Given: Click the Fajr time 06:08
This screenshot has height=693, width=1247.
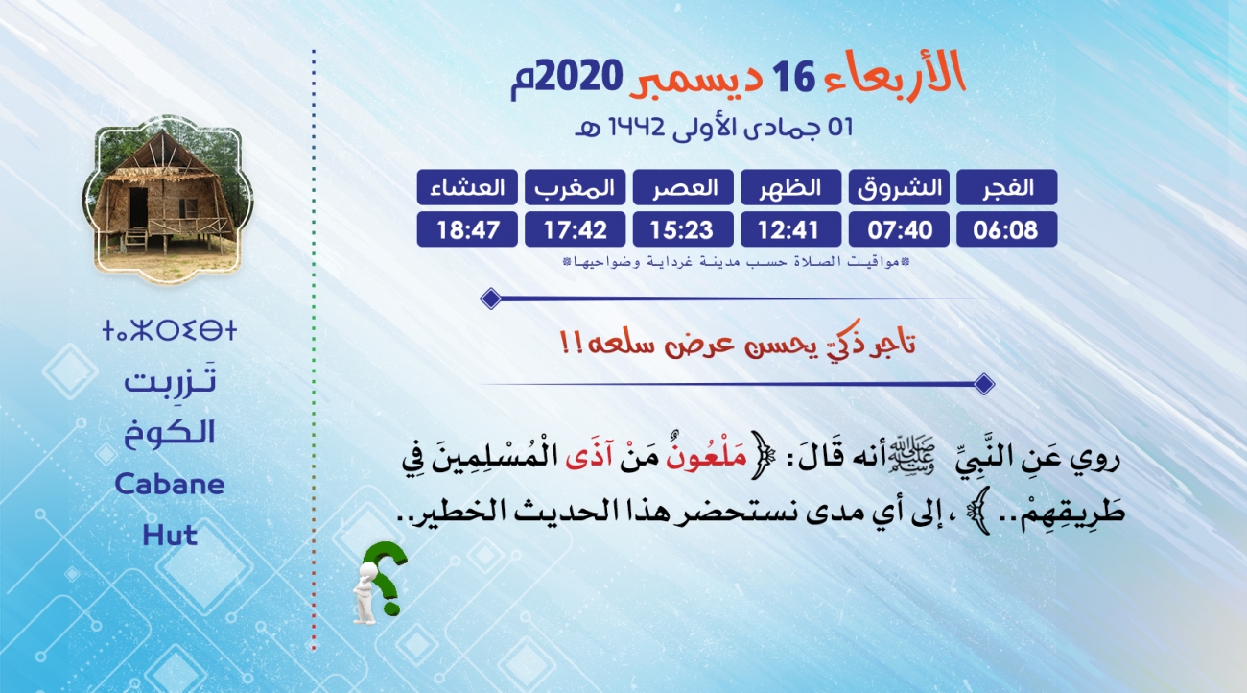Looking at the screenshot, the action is [1006, 229].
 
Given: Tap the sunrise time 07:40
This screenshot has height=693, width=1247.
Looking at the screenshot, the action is [899, 229].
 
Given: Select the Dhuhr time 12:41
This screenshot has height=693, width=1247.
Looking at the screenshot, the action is [790, 229].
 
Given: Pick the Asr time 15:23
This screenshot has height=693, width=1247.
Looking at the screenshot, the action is [683, 229].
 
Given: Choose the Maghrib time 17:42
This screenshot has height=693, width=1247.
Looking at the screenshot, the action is [576, 229].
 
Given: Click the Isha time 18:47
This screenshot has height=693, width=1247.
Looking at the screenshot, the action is [467, 229].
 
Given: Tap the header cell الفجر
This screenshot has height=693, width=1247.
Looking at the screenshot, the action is [1006, 187].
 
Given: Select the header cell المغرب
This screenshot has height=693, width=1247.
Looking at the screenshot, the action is [576, 187].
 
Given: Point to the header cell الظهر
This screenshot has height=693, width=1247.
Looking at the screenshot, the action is [790, 187].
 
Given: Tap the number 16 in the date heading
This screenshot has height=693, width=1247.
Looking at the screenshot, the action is [793, 77].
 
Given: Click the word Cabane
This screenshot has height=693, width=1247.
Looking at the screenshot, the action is [170, 484].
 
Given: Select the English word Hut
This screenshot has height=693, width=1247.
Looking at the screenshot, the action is [170, 536].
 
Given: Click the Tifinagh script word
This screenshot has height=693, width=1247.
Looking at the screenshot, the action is [170, 330].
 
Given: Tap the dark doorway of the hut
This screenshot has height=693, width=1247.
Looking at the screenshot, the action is [138, 207].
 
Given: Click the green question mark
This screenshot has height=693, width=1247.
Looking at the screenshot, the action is [386, 577].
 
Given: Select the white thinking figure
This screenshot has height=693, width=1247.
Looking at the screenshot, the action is [365, 593].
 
